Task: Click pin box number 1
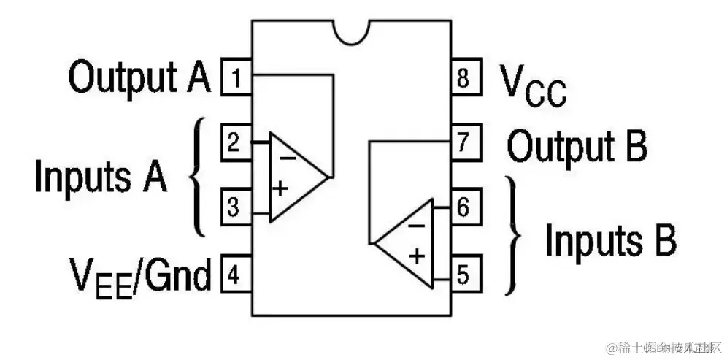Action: tap(236, 78)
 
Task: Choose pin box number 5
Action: tap(464, 275)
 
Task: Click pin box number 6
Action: tap(464, 207)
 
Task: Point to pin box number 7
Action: tap(464, 142)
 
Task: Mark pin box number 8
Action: tap(464, 78)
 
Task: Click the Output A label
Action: tap(139, 77)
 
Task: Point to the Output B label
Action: tap(577, 145)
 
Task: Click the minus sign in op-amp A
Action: tap(288, 155)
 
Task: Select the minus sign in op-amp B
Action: tap(416, 225)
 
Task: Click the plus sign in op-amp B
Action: tap(417, 256)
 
